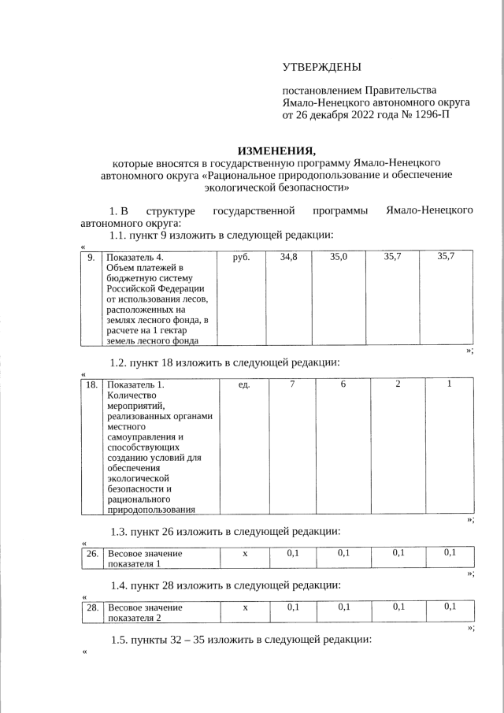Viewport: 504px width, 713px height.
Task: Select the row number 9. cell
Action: click(91, 257)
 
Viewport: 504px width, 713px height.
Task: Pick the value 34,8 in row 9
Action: click(288, 257)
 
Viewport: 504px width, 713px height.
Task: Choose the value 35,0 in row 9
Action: click(339, 257)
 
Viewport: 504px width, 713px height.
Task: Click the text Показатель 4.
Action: click(135, 257)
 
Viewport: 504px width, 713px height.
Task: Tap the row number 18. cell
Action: click(91, 384)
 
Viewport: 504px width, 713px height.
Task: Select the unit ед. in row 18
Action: click(243, 384)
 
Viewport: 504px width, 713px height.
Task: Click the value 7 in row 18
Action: click(292, 384)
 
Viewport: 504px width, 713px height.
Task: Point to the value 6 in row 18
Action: click(343, 384)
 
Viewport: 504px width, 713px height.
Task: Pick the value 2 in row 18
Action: click(398, 384)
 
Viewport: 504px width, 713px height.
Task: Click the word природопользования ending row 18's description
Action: click(150, 509)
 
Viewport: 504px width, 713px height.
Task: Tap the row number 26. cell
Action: click(91, 553)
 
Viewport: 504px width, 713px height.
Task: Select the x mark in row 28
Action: click(245, 607)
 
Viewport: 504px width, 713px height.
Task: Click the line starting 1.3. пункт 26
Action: click(224, 531)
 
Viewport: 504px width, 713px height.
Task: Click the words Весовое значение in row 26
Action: click(145, 553)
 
